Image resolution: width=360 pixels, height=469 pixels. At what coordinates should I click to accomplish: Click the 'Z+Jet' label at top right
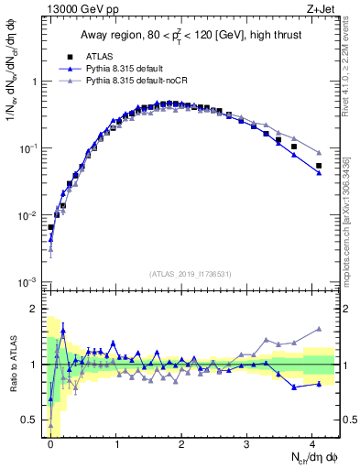click(x=321, y=10)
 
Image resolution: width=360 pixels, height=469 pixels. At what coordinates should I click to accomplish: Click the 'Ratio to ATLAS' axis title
click(x=12, y=365)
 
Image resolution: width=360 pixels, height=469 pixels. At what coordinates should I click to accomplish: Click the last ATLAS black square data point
click(x=319, y=166)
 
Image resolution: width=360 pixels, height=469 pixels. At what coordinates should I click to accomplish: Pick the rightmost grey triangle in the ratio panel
click(x=319, y=329)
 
